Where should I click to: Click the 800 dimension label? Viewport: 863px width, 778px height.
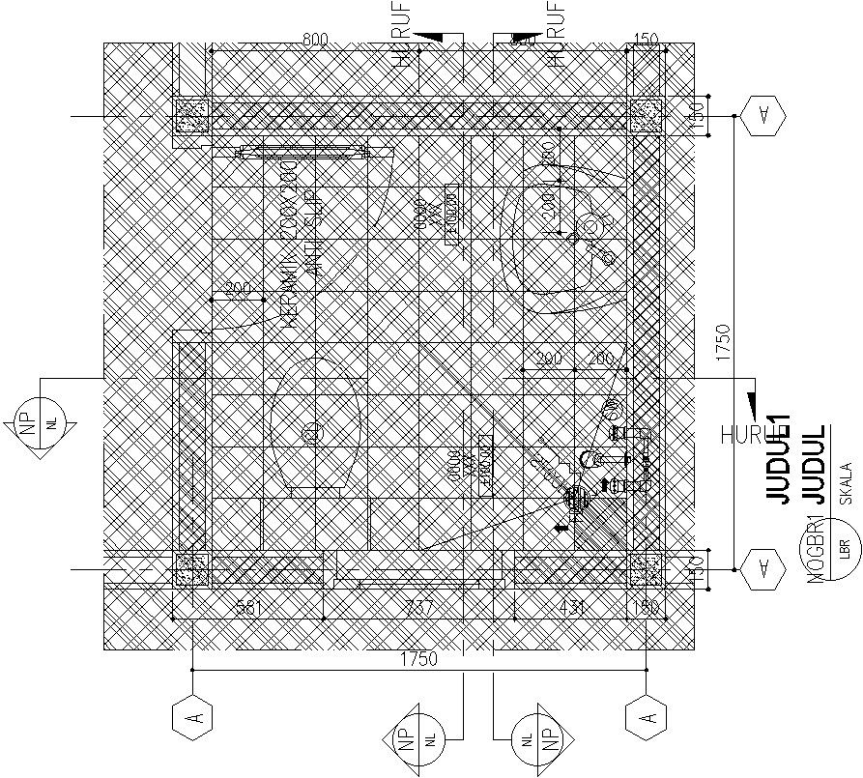click(315, 40)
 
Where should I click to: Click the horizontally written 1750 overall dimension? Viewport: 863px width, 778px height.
click(417, 659)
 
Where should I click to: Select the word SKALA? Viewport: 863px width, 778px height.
click(846, 483)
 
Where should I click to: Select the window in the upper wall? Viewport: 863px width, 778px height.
click(302, 150)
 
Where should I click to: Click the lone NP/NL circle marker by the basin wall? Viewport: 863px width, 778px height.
click(35, 422)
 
